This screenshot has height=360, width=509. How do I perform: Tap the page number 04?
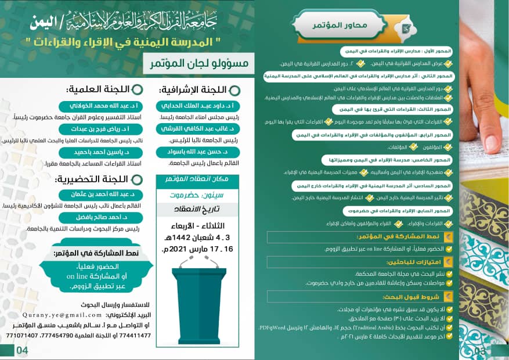22,350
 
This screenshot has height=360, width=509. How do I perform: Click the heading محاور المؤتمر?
332,26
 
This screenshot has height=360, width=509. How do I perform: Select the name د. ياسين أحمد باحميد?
103,152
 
